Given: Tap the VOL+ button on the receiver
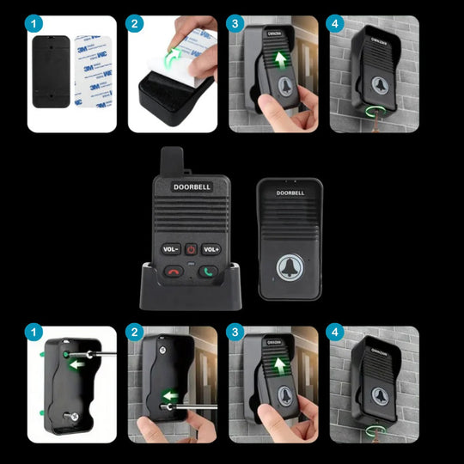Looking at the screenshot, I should [x=211, y=249].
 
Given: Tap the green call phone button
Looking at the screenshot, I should [x=208, y=272].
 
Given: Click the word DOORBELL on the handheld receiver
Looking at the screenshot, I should [x=191, y=186].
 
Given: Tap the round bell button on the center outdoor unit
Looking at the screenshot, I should [x=289, y=266].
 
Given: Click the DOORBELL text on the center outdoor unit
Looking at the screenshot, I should [x=289, y=192].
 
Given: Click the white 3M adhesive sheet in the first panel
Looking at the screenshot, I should [x=95, y=72].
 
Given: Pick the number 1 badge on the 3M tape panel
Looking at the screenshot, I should [x=34, y=23].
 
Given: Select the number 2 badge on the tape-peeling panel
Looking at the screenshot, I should [x=135, y=23].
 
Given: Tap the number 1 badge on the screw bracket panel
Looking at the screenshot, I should [x=34, y=333].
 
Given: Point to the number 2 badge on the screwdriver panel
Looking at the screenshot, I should [x=135, y=333].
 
